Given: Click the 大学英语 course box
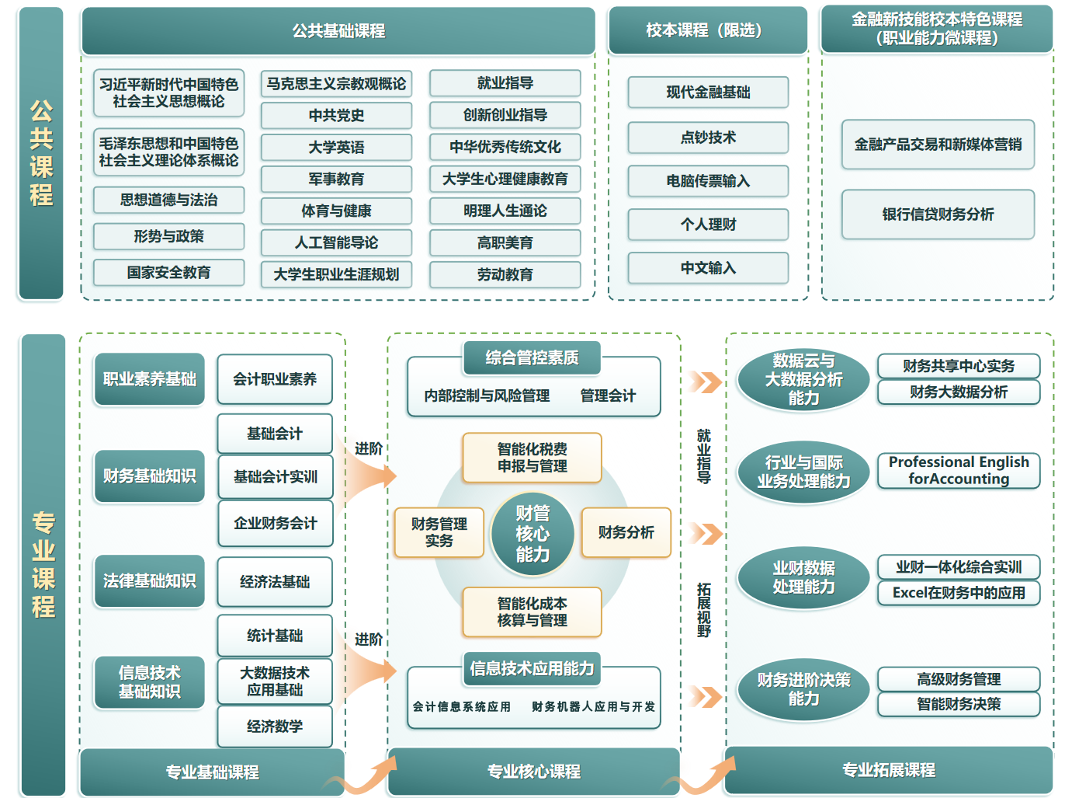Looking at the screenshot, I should pos(336,147).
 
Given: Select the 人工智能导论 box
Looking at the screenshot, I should pos(336,242).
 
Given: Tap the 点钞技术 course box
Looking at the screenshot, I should pos(708,138).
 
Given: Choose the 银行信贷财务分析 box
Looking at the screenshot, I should pos(938,214).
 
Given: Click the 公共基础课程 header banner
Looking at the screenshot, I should pos(338,31).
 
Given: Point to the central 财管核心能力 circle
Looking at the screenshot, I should pos(533,534).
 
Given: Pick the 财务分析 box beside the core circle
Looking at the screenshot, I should pos(626,532).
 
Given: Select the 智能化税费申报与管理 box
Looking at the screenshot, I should pos(533,458).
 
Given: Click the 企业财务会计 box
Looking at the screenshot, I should pos(275,523).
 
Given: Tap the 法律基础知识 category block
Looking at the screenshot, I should pos(149,580).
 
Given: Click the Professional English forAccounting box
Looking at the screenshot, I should pos(959,471).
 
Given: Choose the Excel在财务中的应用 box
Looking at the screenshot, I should pos(959,593).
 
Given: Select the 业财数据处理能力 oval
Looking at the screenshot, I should pos(803,577).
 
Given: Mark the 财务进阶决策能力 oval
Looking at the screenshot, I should pos(803,689).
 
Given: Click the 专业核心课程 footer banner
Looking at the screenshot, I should pos(533,772).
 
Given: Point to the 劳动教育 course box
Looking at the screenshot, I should pos(505,274).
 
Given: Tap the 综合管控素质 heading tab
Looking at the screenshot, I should pos(532,358).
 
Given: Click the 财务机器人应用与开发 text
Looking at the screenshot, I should pos(593,707).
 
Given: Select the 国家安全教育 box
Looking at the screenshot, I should pos(168,273).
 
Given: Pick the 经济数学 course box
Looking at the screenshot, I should pos(275,727).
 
